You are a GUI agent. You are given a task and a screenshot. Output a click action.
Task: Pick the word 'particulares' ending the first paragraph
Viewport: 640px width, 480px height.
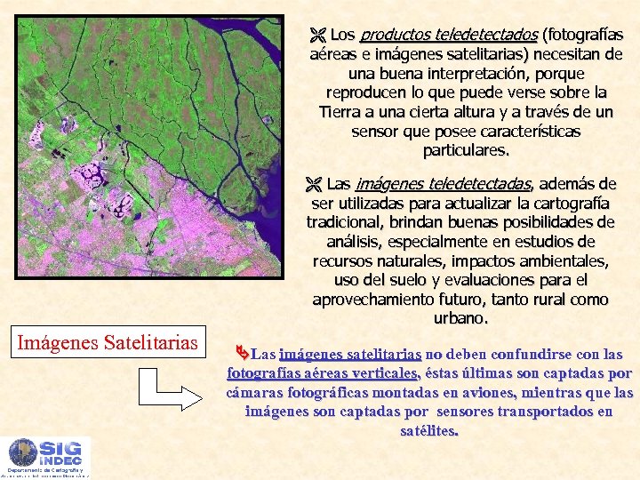point(466,150)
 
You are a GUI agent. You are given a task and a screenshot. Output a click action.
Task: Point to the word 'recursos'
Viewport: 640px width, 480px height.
point(343,261)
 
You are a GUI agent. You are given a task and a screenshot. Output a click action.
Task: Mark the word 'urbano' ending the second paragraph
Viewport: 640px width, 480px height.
point(460,318)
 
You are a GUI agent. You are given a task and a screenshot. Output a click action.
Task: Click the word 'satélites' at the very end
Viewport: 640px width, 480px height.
point(429,431)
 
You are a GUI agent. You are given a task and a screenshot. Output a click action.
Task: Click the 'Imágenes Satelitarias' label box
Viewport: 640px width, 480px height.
point(106,341)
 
